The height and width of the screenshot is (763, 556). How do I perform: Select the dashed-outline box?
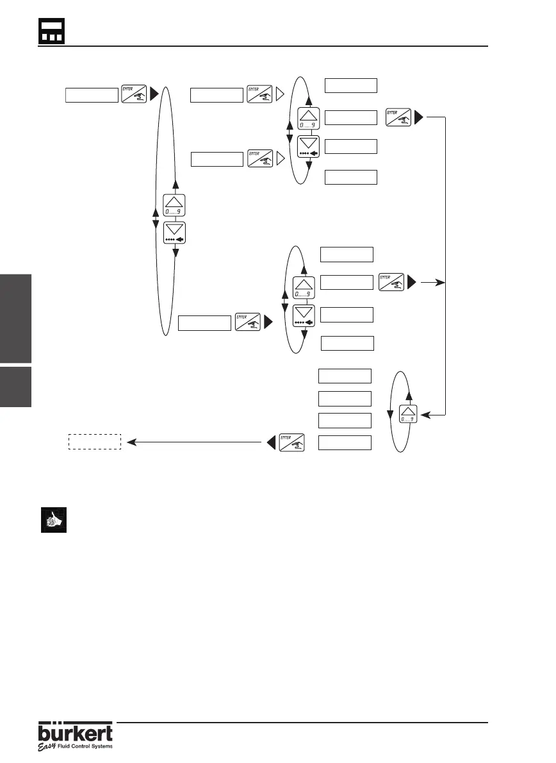pos(95,441)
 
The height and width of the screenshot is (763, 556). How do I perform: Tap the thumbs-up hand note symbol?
pos(50,521)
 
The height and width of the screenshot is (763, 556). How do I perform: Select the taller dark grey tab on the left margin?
pos(15,319)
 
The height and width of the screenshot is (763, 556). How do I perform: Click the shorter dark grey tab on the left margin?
pos(15,387)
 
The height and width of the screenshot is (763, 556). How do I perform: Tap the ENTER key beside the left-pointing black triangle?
pos(291,442)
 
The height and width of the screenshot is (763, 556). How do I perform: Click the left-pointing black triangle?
pos(271,442)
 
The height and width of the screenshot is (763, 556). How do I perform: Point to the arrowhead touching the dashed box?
pos(130,442)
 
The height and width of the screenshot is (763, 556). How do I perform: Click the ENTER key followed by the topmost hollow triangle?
pos(259,94)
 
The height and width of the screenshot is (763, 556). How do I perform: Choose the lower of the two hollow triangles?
pos(281,158)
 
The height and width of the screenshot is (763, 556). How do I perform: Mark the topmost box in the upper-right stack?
pos(351,85)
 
